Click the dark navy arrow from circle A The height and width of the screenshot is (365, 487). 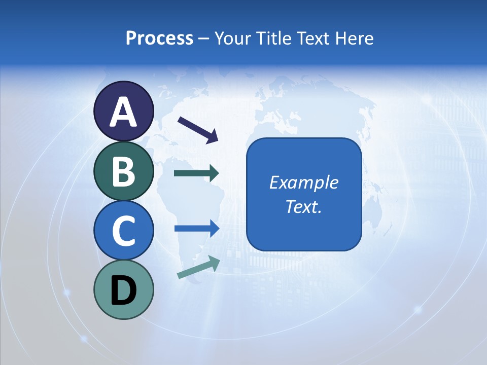coord(198,129)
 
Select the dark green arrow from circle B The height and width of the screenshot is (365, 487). coord(196,173)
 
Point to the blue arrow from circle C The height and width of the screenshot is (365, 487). coord(196,229)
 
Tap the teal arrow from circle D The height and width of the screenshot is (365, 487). coord(198,268)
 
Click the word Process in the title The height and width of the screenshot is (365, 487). coord(159,38)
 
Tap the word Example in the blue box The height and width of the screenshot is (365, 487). coord(303,182)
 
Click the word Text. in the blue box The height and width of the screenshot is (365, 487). coord(303,207)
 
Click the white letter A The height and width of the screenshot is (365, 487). coord(123,112)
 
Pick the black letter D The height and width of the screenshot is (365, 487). coord(123,290)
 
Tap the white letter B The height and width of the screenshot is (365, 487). coord(123,171)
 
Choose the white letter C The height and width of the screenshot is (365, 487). coord(123,231)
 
